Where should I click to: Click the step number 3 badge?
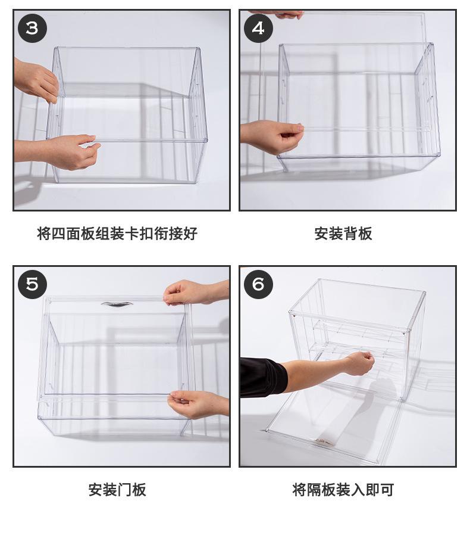pos(32,28)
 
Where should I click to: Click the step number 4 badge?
pos(258,28)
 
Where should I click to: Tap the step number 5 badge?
pos(32,284)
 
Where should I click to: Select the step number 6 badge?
pos(258,284)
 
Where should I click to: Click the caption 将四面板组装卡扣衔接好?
pos(117,234)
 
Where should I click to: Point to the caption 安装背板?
pos(343,234)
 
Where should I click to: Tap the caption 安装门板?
pos(117,490)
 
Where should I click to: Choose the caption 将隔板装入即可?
pos(343,490)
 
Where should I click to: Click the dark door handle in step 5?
pos(117,304)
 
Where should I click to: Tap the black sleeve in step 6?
pos(263,377)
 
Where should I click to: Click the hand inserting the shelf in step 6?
pos(360,363)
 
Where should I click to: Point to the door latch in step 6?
pos(324,441)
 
